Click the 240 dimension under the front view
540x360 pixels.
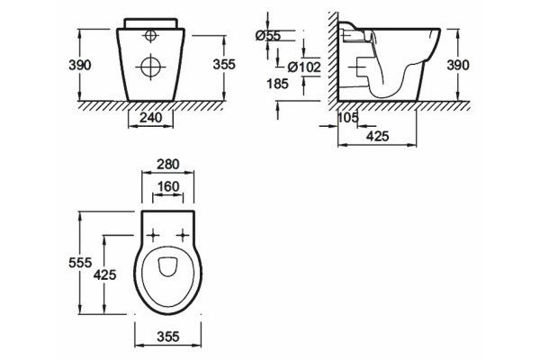(150, 118)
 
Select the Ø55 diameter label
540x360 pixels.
(268, 35)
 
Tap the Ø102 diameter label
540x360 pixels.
(304, 67)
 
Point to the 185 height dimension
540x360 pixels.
(277, 84)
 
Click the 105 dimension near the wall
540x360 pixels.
(347, 118)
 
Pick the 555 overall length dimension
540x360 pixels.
(80, 263)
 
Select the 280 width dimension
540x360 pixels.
(168, 165)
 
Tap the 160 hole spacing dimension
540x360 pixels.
(168, 187)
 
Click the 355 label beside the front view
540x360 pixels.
(224, 65)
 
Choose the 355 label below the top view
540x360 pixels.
(168, 337)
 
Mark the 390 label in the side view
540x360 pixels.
(458, 65)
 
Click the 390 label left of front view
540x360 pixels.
(80, 65)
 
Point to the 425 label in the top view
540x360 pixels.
(105, 274)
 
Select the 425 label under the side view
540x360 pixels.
(377, 137)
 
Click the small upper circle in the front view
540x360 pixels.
(150, 35)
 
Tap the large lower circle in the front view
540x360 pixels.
(151, 67)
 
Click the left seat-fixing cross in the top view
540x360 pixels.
(153, 236)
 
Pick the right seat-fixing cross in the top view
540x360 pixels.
(183, 236)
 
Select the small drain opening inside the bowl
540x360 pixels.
(167, 266)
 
